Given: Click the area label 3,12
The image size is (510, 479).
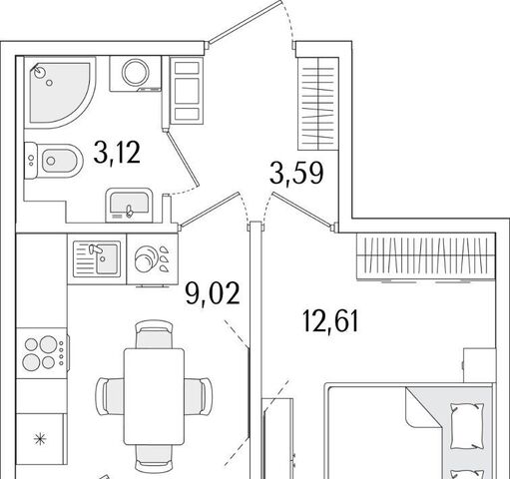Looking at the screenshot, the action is coord(117,153).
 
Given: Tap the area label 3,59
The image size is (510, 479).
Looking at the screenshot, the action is coord(296,173).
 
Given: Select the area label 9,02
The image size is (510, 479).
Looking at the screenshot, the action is coord(213,292).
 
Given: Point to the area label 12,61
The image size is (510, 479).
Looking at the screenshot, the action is coord(331,320).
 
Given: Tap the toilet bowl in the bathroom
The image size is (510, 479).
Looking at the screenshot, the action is coord(54,161).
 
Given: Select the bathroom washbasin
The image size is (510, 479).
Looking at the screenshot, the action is coord(129,206).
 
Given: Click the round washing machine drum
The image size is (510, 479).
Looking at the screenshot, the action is coord(136,72).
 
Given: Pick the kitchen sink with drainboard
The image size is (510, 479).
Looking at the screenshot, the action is coord(97,259).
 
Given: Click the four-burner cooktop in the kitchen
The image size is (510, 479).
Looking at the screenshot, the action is coord(43,353).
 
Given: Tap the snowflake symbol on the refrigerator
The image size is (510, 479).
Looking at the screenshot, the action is coord(40,439).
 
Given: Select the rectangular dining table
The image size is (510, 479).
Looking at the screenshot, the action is coord(154,396).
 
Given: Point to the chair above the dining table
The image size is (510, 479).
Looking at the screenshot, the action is coord(154,334).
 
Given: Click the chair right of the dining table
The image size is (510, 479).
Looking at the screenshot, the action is coord(199,396).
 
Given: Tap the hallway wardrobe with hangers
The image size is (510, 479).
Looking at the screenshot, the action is coord(318,104).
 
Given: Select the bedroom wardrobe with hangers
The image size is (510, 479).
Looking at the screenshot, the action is coord(426,256).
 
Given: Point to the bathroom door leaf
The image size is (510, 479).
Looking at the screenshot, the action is coord(183,159).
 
